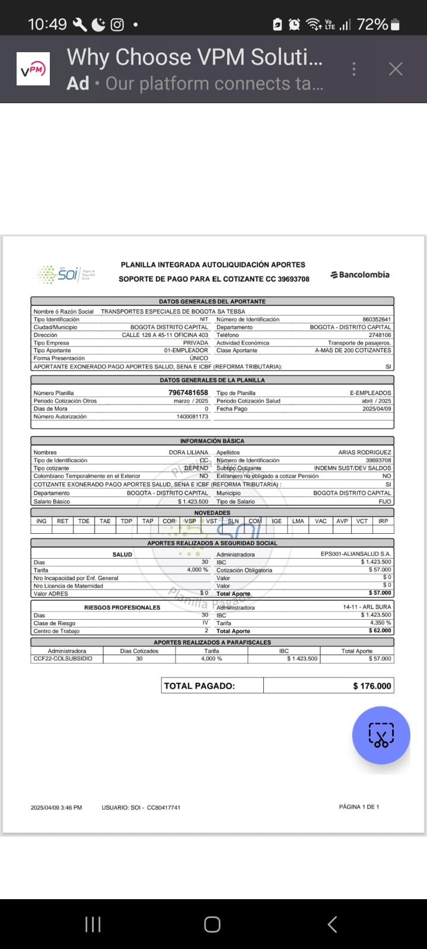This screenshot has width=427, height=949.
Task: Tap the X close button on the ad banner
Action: tap(396, 69)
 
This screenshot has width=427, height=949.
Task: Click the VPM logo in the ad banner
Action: tap(33, 69)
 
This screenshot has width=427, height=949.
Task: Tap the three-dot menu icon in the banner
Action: tap(354, 69)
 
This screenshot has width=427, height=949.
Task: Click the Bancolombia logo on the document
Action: tap(360, 275)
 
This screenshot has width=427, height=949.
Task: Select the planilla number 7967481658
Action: tap(188, 393)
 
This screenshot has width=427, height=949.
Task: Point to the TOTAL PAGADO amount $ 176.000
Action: tap(372, 686)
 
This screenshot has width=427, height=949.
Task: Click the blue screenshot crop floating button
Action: tap(381, 735)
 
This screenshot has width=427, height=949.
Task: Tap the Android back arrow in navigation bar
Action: tap(333, 924)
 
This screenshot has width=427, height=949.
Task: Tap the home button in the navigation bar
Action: tap(212, 924)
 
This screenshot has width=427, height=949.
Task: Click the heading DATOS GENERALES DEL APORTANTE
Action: tap(212, 301)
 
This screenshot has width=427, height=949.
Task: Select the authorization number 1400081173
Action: tap(193, 416)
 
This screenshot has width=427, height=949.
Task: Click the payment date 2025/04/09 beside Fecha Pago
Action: tap(376, 409)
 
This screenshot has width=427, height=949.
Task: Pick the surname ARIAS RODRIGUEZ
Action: tap(365, 453)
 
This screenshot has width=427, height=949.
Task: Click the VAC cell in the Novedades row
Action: tap(321, 521)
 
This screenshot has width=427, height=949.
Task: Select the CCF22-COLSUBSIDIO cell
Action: tap(63, 658)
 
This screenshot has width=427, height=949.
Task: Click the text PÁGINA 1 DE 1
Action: tap(359, 807)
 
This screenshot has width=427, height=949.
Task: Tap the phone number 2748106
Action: tap(380, 335)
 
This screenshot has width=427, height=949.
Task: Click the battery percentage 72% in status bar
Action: tap(372, 24)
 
